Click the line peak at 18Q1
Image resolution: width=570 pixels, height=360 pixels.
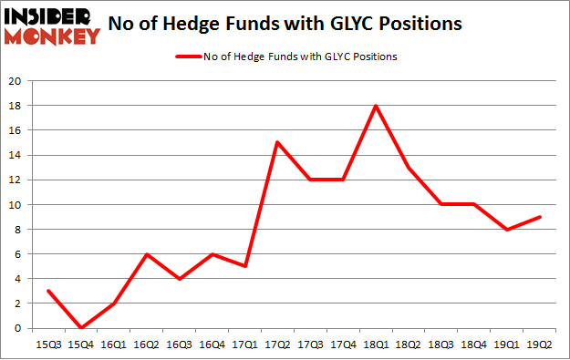coord(376,106)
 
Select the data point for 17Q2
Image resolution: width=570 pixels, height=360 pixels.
coord(275,142)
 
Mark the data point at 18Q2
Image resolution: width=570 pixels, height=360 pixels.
coord(409,168)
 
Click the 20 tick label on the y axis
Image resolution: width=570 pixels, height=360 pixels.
coord(16,81)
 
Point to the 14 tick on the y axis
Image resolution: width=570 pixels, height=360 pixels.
coord(16,155)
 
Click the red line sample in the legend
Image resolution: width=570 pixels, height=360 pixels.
coord(187,57)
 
